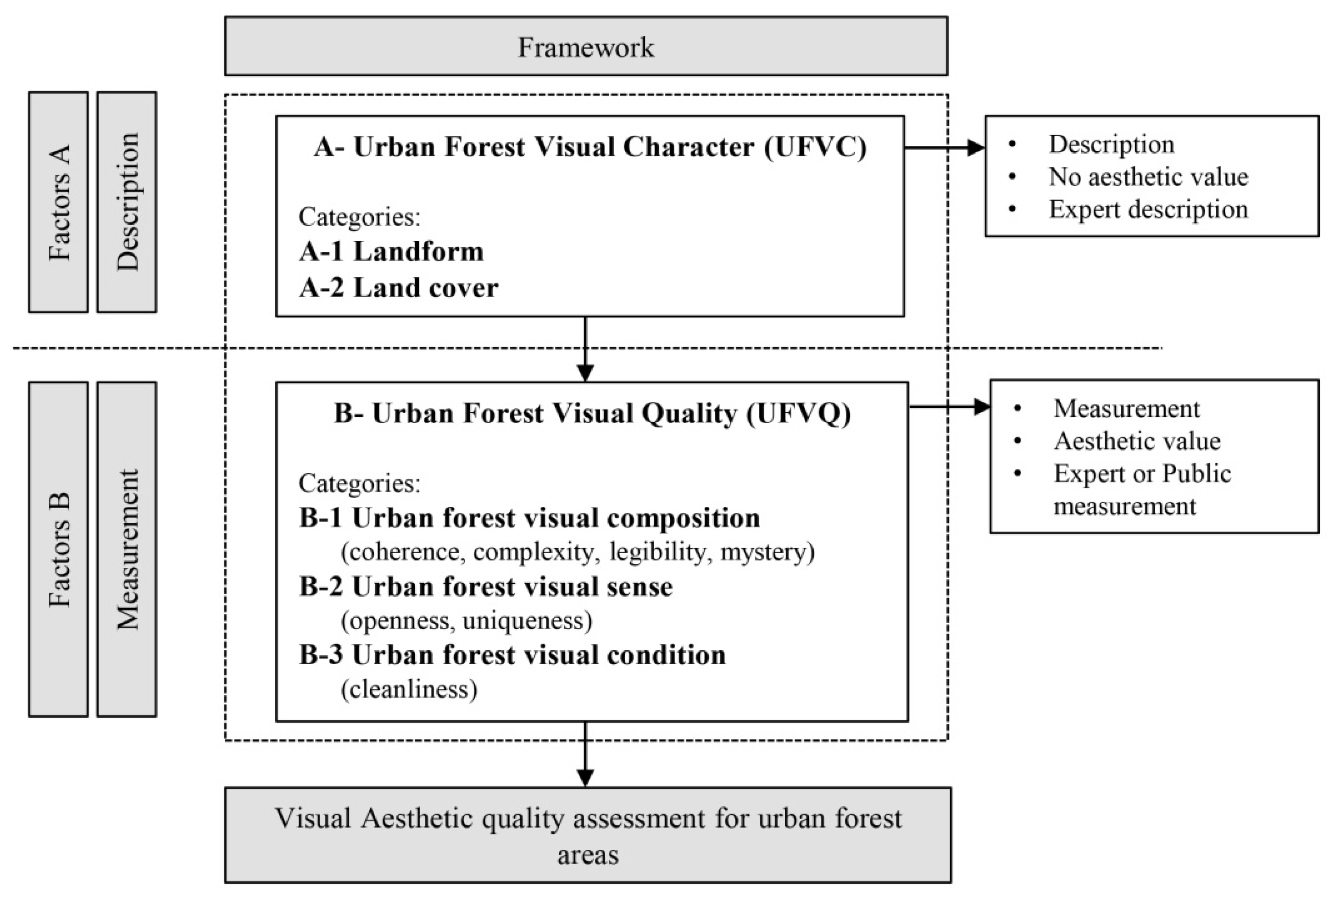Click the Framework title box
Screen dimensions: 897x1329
[585, 46]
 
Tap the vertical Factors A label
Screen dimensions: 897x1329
[58, 202]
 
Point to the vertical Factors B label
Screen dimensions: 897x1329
[58, 549]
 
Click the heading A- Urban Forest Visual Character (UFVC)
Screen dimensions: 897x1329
[589, 147]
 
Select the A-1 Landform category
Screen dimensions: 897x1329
[391, 252]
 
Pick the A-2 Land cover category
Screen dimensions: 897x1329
[399, 287]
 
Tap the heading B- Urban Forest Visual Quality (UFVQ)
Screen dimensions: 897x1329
[592, 413]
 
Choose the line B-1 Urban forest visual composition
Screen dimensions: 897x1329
[529, 518]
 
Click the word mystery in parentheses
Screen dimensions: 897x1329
[766, 552]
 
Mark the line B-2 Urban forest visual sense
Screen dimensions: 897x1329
[485, 587]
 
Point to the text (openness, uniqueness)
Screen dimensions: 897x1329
[466, 621]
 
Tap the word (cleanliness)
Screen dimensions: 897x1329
[409, 689]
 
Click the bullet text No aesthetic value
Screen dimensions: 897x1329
[1148, 177]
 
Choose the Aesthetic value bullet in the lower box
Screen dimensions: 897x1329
[1137, 441]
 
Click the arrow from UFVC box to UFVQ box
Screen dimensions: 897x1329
[585, 349]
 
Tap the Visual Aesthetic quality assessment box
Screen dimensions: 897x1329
[587, 835]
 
